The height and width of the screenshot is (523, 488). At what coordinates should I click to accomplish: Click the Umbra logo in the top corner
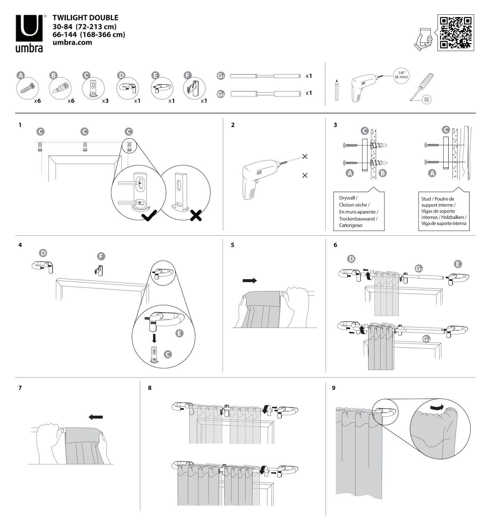29,33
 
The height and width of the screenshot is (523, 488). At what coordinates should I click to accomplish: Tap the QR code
456,32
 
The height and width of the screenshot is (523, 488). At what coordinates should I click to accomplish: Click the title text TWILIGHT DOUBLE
85,18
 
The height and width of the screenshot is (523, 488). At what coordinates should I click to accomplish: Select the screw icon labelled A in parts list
28,88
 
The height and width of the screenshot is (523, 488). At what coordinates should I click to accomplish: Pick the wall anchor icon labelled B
60,88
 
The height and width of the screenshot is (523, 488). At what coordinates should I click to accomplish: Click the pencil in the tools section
337,90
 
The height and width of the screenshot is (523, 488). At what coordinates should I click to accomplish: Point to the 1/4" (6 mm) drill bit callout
401,75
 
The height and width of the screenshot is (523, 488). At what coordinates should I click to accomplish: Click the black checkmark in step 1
149,217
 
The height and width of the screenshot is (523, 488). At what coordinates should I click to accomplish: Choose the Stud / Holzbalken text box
443,211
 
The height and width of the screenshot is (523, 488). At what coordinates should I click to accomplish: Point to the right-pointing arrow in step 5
250,280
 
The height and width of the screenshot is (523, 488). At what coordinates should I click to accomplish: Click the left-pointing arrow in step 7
96,417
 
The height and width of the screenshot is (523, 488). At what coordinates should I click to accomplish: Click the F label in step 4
100,257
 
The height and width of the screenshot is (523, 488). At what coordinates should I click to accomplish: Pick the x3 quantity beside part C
105,101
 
